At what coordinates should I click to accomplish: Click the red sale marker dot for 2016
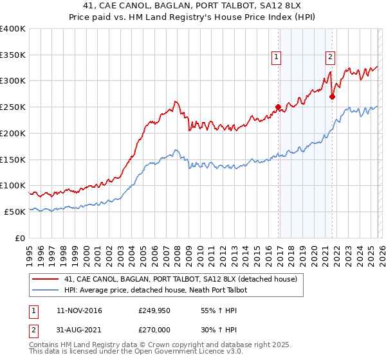tap(278, 107)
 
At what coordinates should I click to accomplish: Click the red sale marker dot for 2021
tap(333, 96)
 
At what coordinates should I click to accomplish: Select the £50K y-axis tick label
tap(15, 212)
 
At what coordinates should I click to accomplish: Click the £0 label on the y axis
tap(19, 238)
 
